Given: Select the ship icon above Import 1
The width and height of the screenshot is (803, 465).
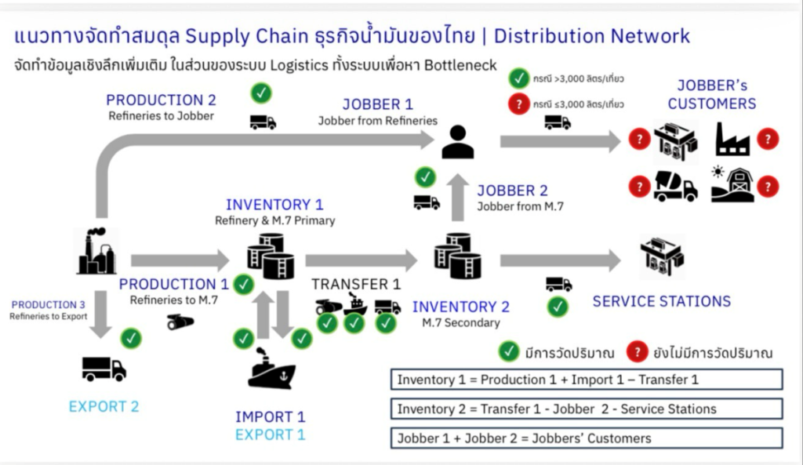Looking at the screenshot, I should tap(271, 371).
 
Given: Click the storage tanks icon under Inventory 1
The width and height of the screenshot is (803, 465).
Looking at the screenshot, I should tap(269, 256).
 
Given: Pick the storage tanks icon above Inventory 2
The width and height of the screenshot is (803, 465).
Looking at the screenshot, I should tap(458, 256).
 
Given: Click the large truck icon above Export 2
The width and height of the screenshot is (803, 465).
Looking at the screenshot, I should tap(104, 368).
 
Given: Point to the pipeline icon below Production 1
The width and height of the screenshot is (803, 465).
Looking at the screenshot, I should tap(180, 322).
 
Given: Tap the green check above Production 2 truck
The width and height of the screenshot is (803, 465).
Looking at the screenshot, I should tap(262, 93).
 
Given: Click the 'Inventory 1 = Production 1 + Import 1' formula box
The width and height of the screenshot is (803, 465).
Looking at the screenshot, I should tap(587, 380).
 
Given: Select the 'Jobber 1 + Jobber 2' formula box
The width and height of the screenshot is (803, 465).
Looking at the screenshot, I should tap(587, 438).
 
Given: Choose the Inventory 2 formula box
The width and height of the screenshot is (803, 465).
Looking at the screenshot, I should tap(587, 409).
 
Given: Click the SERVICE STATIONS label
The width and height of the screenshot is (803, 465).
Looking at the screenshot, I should tap(661, 301).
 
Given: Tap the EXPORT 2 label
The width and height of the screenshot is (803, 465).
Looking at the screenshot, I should tap(104, 406).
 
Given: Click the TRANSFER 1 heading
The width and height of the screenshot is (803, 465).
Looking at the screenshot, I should tap(356, 284).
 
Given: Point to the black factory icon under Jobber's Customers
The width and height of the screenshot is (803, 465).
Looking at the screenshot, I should tap(732, 140).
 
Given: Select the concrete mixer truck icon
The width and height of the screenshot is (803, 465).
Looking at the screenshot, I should tap(675, 187).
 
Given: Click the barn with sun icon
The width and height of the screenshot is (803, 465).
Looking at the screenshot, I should tap(732, 185).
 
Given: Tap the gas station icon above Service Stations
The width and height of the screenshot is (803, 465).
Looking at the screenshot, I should tap(661, 256).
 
